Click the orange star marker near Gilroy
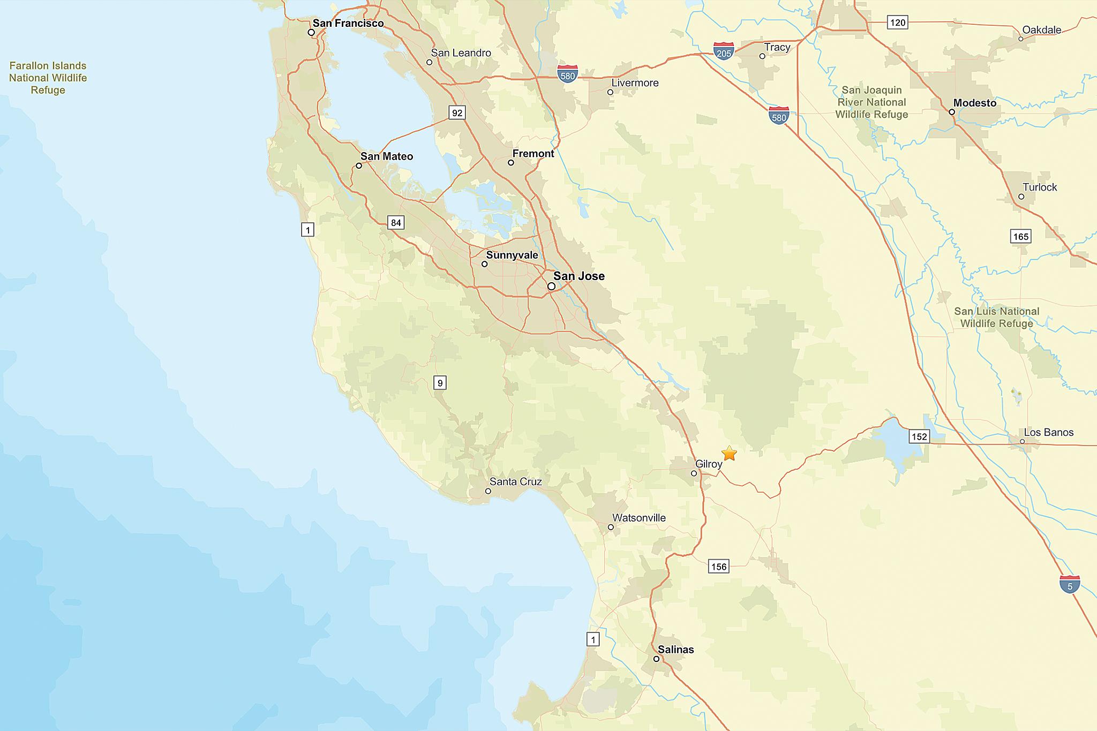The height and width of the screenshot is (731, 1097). click(729, 454)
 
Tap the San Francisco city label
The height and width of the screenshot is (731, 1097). click(348, 23)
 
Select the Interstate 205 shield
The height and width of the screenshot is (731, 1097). click(724, 51)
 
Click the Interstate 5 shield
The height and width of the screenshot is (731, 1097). click(1070, 584)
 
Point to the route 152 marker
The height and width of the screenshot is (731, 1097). click(919, 436)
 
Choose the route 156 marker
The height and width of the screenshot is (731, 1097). click(719, 567)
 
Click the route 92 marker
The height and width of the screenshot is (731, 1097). click(457, 112)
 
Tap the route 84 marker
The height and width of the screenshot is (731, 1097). click(396, 223)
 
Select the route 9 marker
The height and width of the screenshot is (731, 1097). click(440, 382)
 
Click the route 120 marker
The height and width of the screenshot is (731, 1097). click(898, 22)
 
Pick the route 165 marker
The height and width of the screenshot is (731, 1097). click(1021, 236)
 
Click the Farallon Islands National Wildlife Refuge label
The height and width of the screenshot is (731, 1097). click(48, 78)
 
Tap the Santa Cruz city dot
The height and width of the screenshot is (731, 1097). click(488, 491)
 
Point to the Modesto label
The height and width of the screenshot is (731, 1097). click(974, 103)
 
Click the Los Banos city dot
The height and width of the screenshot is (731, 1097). click(1022, 442)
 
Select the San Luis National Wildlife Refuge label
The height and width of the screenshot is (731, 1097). click(996, 317)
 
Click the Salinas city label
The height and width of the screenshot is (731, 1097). click(675, 650)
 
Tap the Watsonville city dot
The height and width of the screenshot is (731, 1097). click(611, 527)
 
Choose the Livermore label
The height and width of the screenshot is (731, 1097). click(635, 83)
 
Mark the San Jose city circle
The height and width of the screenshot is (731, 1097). click(551, 287)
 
